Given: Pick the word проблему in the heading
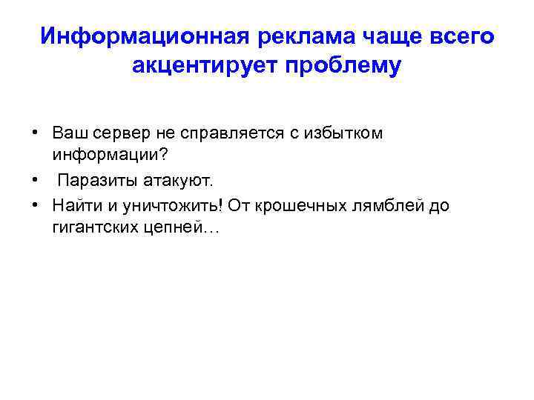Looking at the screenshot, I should click(x=342, y=66).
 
